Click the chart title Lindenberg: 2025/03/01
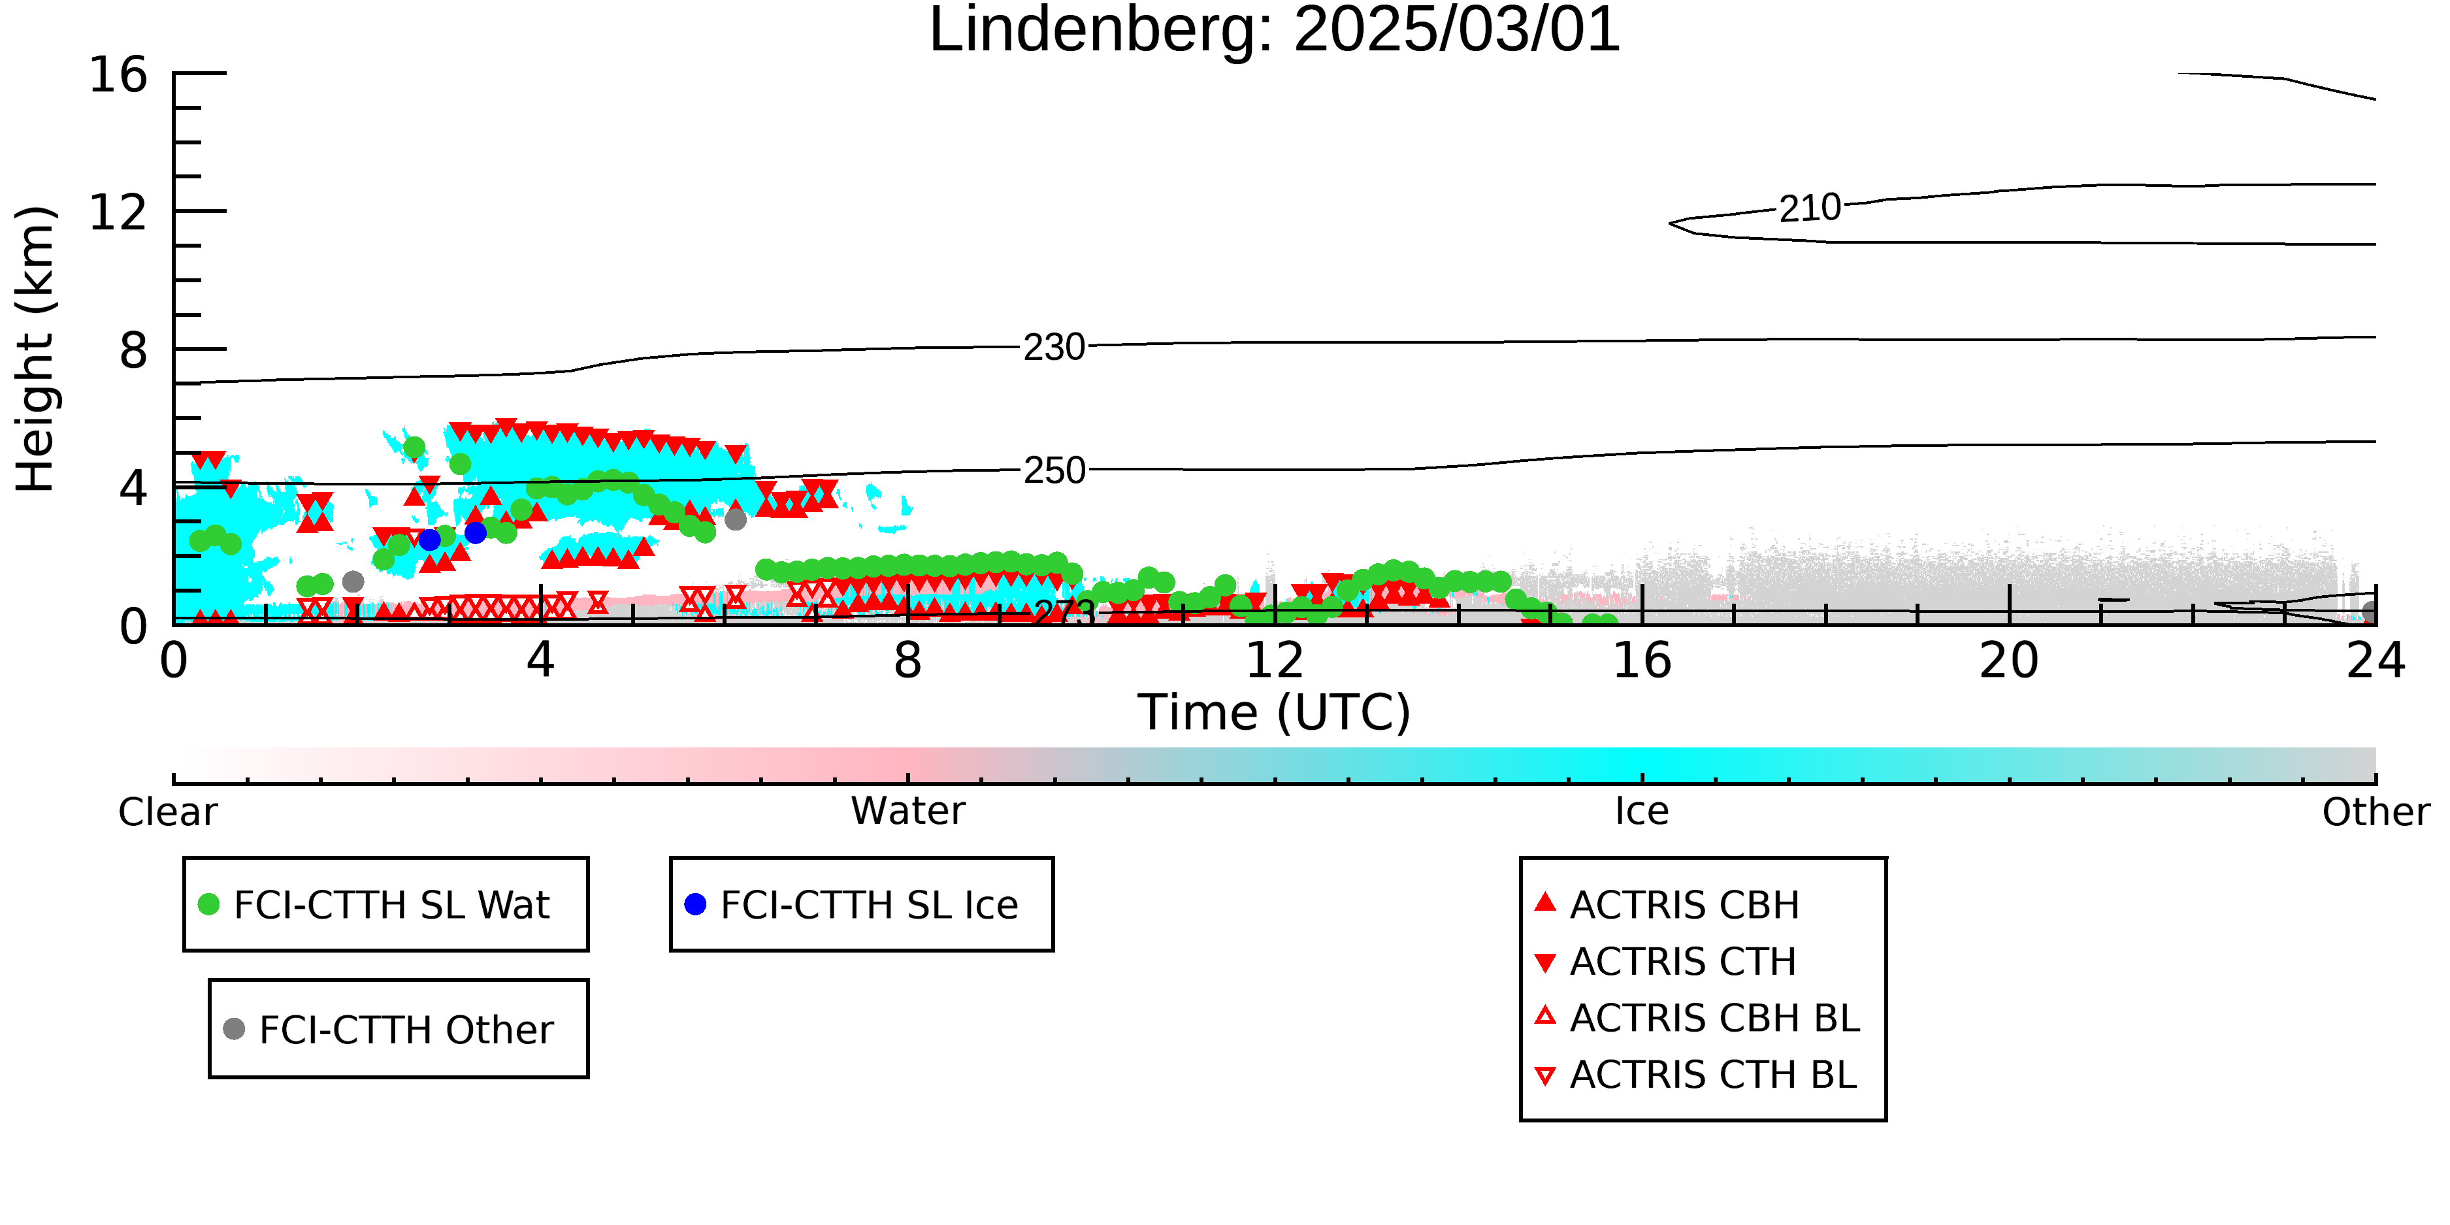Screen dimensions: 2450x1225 [x=1275, y=31]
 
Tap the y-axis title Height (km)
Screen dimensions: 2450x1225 [x=35, y=349]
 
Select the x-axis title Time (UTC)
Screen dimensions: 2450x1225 [x=1275, y=712]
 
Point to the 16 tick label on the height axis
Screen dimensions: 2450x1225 [x=118, y=74]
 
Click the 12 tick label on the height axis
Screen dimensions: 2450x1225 [x=118, y=212]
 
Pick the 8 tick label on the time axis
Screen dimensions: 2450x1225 [x=908, y=660]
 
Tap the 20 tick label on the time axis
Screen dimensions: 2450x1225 [x=2009, y=660]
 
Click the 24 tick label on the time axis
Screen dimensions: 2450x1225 [x=2376, y=660]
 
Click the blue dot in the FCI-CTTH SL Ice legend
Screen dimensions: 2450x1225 [x=695, y=904]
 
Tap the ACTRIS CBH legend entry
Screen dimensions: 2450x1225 [x=1667, y=904]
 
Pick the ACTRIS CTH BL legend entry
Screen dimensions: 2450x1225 [x=1696, y=1075]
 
